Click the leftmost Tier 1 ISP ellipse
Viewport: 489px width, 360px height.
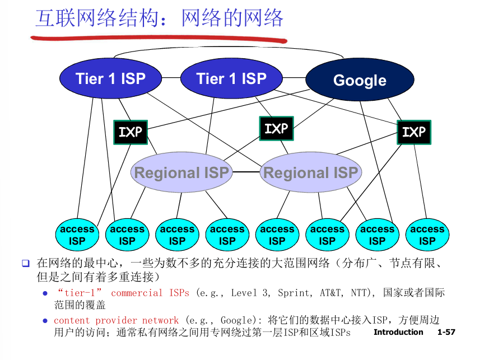110,78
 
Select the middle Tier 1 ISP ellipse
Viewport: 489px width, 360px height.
231,78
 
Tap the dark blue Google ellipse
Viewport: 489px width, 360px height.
360,80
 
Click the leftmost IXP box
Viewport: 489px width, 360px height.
131,132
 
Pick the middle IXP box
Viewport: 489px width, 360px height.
276,129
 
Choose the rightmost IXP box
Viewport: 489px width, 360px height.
414,132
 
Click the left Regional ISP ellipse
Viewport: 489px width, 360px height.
181,172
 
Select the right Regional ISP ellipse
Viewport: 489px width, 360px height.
310,172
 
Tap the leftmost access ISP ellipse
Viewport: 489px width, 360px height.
77,235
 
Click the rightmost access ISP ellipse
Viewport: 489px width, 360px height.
427,235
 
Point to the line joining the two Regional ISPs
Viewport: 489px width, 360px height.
246,172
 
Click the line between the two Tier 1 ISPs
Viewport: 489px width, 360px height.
171,78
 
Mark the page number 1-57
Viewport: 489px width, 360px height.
446,332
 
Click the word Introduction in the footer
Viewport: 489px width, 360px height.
398,332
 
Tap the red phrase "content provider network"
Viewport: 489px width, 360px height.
116,320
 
